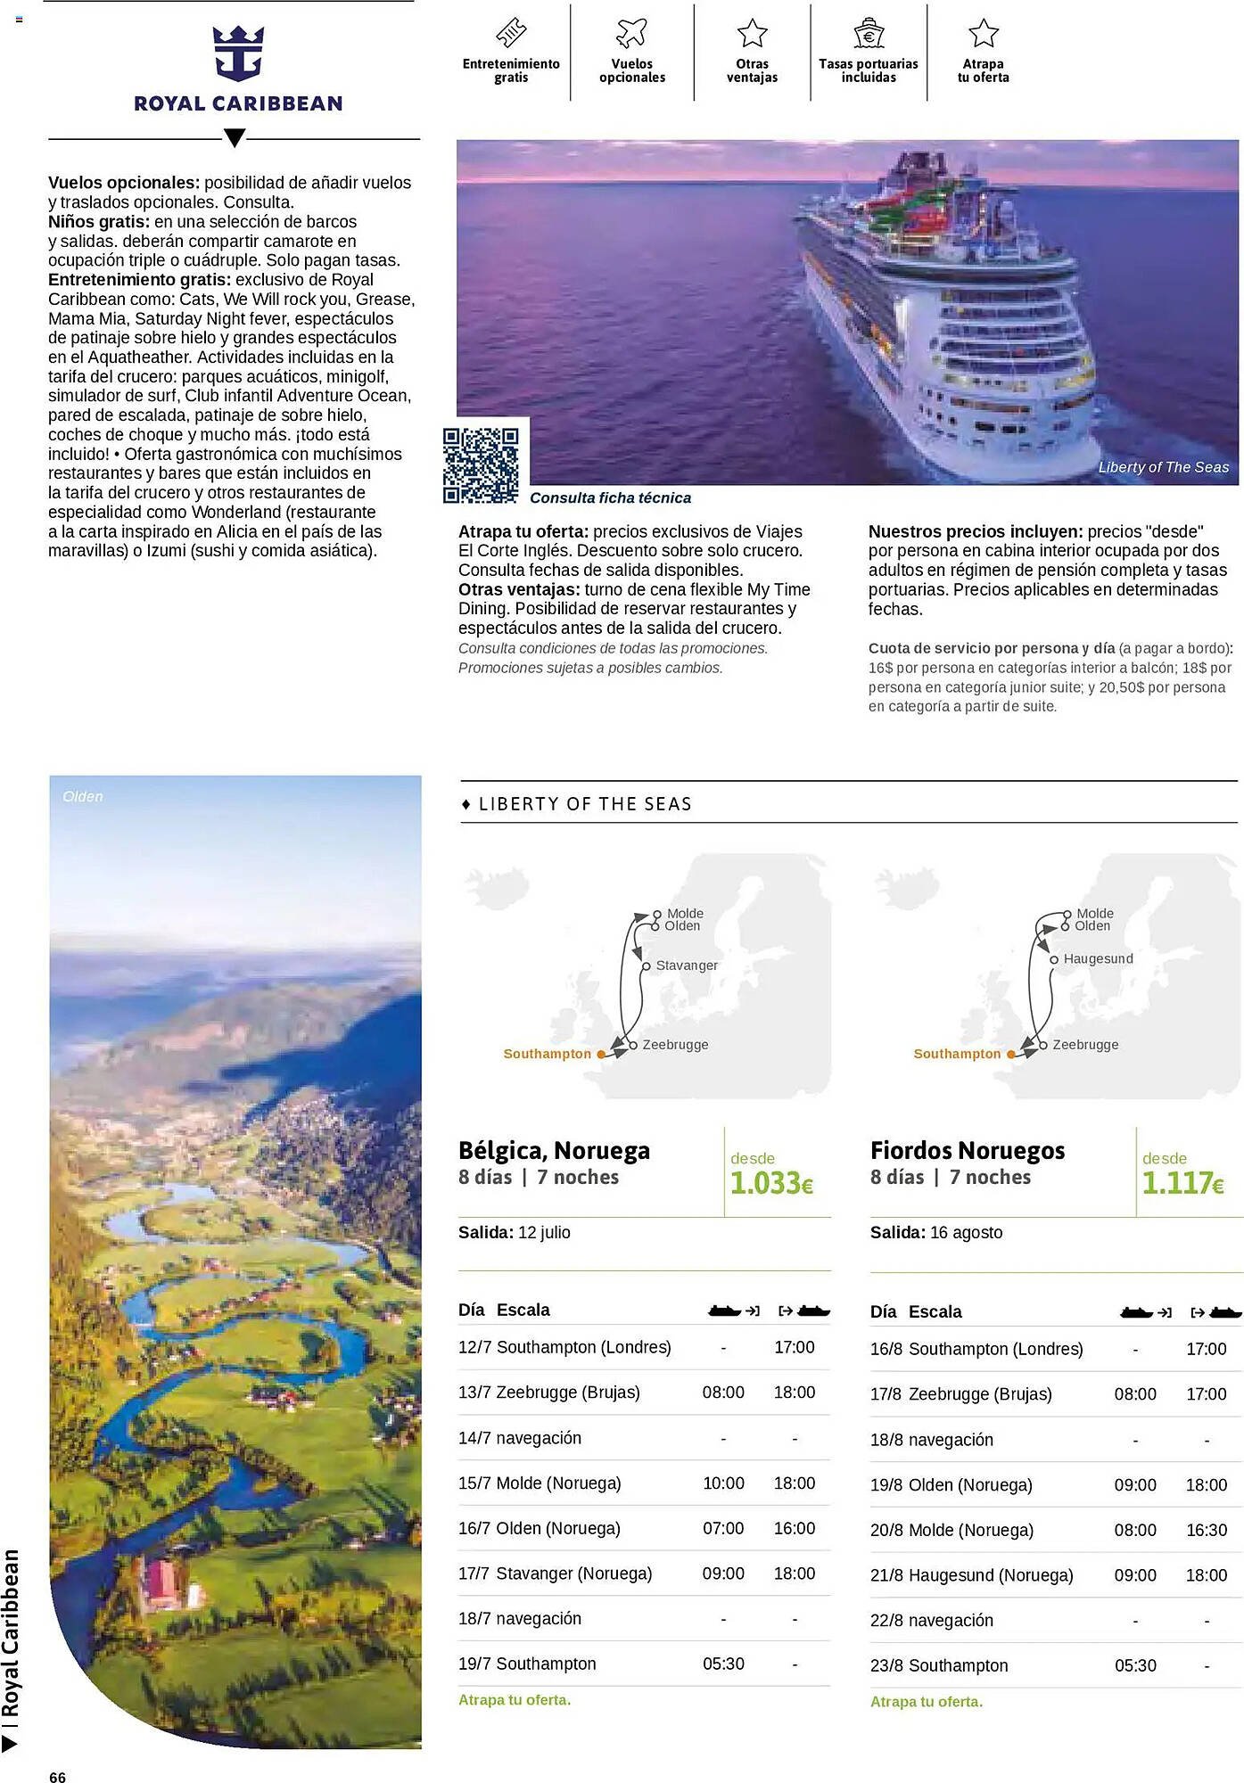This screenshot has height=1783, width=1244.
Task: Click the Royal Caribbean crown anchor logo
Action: (x=238, y=53)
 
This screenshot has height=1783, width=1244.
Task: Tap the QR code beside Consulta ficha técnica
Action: (x=481, y=465)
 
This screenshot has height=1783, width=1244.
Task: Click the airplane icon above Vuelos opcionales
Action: (x=631, y=33)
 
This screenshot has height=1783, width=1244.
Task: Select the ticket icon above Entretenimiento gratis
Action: (x=511, y=33)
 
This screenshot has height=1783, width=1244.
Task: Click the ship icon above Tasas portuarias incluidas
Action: (x=868, y=34)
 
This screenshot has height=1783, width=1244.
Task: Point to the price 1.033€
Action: (x=771, y=1183)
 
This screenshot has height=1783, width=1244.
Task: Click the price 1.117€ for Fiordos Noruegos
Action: (x=1182, y=1183)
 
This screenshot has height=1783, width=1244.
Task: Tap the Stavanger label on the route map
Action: (x=686, y=965)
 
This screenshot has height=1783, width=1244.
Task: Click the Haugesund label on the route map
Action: (x=1098, y=959)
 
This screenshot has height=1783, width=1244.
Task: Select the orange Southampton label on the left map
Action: (x=547, y=1054)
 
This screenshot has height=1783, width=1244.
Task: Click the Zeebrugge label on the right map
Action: (x=1084, y=1045)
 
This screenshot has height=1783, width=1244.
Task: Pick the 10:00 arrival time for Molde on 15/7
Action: (x=723, y=1483)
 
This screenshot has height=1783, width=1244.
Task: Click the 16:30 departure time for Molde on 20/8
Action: (x=1206, y=1531)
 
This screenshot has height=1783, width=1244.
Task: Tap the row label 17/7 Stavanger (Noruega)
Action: (x=555, y=1574)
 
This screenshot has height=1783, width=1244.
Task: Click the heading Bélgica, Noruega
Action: (x=554, y=1151)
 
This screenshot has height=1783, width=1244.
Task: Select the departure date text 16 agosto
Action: (x=966, y=1233)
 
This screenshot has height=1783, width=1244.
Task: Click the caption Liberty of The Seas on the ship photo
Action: (x=1163, y=467)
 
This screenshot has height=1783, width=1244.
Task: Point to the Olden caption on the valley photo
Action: (x=83, y=797)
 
